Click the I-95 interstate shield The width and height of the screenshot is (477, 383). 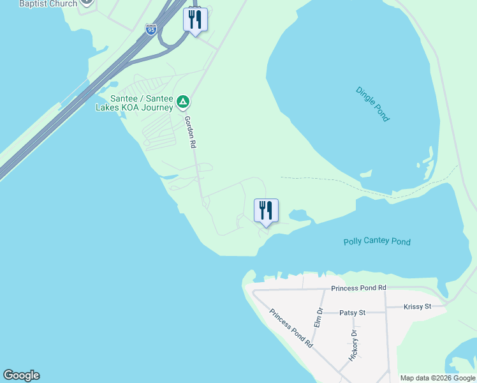[150, 30]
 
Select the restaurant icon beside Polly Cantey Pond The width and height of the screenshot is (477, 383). [266, 210]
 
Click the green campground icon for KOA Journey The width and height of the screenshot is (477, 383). [182, 101]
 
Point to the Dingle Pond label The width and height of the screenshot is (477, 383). [372, 104]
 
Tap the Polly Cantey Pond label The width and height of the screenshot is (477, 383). [377, 242]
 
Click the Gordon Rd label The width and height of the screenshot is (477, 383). [189, 131]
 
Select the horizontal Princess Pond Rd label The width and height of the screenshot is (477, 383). [358, 289]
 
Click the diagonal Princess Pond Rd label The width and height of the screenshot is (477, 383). [291, 328]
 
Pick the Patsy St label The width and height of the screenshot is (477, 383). [352, 313]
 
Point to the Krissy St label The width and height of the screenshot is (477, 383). [418, 307]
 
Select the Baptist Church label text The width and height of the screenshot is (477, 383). [48, 4]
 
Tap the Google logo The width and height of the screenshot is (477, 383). [21, 375]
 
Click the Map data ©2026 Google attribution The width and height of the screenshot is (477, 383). [437, 378]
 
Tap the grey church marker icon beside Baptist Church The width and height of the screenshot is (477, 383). [87, 2]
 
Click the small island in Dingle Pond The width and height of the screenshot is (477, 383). [365, 173]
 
